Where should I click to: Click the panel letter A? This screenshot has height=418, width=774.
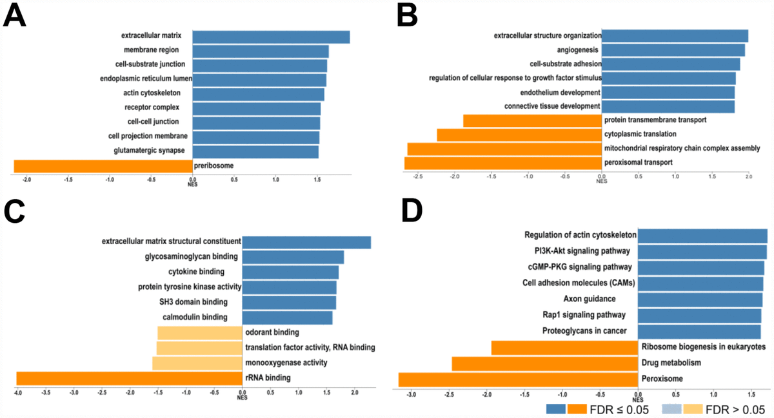click(x=15, y=16)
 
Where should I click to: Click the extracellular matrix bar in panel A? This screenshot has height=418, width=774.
click(x=271, y=37)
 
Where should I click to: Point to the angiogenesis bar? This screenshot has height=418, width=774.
click(x=673, y=50)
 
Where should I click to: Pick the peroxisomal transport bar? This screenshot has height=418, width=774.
click(x=502, y=163)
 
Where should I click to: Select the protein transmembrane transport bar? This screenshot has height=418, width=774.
click(x=532, y=120)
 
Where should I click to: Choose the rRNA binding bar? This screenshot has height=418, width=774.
click(x=129, y=378)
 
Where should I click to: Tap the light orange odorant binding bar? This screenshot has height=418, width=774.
click(x=199, y=333)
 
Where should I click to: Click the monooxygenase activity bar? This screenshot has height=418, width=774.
click(x=197, y=363)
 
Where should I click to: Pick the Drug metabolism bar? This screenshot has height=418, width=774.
click(x=544, y=364)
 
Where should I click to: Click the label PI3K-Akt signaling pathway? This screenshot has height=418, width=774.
click(x=579, y=250)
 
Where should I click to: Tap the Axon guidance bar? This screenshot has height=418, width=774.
click(x=700, y=299)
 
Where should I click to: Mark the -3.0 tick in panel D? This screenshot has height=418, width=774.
click(x=411, y=393)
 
